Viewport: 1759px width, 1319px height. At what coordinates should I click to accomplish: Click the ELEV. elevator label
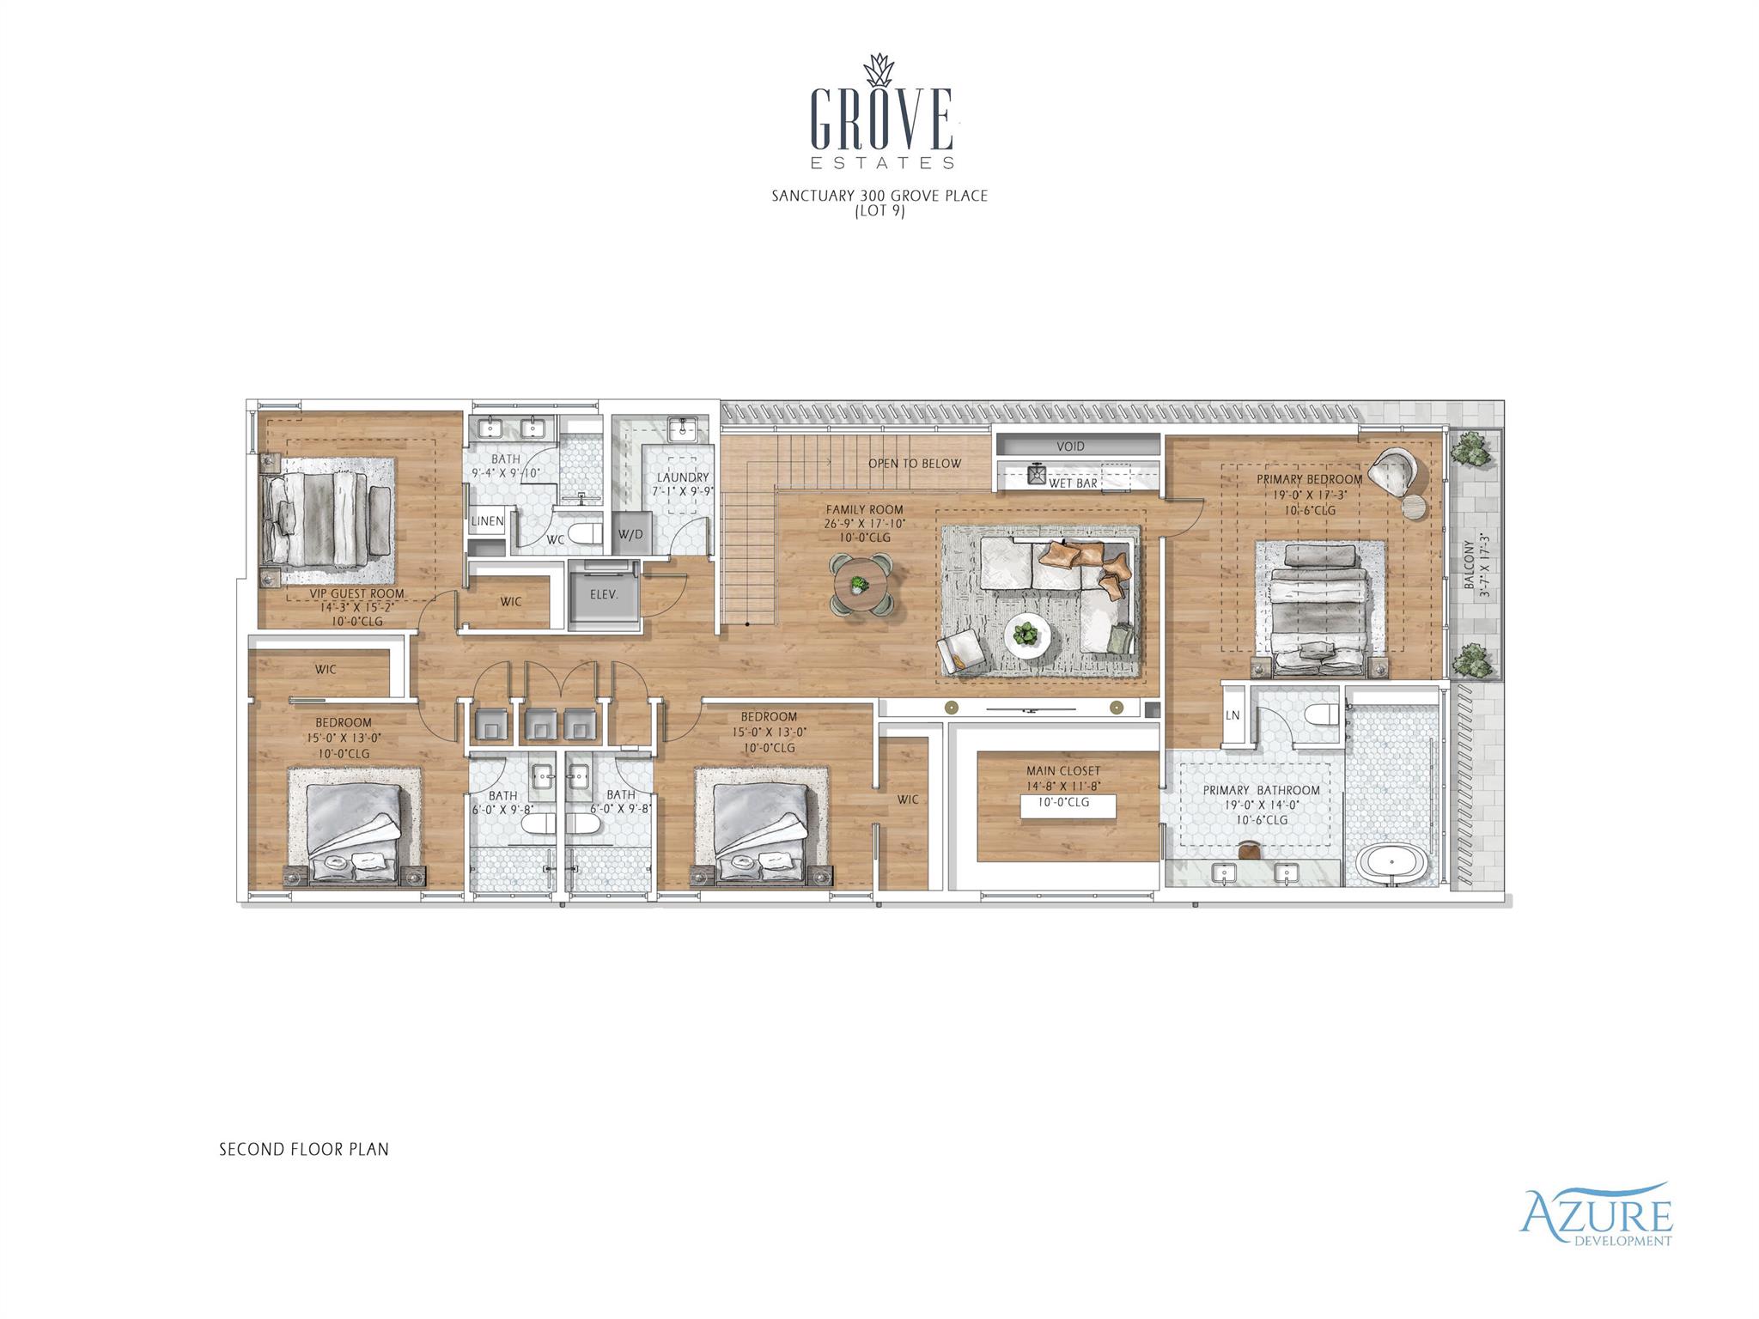pyautogui.click(x=604, y=593)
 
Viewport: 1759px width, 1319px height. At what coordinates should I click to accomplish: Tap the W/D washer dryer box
pyautogui.click(x=630, y=535)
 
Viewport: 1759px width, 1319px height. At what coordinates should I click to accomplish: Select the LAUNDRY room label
pyautogui.click(x=683, y=477)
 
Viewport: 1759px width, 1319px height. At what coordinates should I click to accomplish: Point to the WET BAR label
pyautogui.click(x=1073, y=483)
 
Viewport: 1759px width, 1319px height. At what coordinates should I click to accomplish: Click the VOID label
pyautogui.click(x=1070, y=447)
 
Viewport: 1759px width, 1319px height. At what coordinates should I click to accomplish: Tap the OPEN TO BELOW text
pyautogui.click(x=914, y=464)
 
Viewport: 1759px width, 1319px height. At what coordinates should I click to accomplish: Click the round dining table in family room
pyautogui.click(x=861, y=586)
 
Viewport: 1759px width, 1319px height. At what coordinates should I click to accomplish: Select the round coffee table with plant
pyautogui.click(x=1027, y=635)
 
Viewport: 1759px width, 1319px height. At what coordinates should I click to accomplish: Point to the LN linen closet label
pyautogui.click(x=1233, y=715)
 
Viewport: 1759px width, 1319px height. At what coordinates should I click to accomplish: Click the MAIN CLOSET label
pyautogui.click(x=1062, y=771)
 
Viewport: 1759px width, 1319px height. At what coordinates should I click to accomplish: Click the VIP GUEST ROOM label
pyautogui.click(x=356, y=594)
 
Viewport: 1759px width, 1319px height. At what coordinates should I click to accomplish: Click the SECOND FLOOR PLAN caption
pyautogui.click(x=304, y=1149)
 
